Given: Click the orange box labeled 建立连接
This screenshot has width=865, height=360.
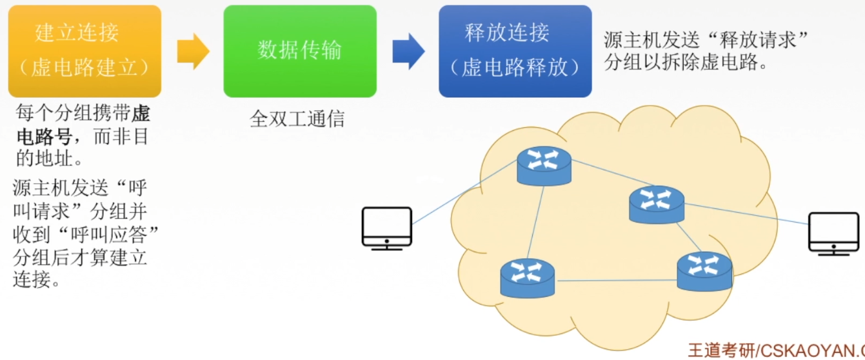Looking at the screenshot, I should [85, 50].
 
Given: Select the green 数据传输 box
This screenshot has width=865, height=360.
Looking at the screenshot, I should [300, 50].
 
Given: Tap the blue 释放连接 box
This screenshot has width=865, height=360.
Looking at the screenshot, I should [515, 50].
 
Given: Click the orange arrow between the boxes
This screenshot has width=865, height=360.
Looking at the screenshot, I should [193, 51].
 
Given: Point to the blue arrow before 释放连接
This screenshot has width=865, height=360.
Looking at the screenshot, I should [408, 51].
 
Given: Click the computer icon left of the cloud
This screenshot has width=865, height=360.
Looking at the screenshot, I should [387, 228].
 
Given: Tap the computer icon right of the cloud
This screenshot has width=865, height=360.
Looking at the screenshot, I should [833, 233].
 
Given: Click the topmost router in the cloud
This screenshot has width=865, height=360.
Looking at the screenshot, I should [544, 165].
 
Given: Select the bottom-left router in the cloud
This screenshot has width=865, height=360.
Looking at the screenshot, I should [528, 277].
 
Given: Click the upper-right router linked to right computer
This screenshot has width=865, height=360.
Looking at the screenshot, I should [656, 205].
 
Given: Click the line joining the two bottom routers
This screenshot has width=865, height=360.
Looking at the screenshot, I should [616, 280].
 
